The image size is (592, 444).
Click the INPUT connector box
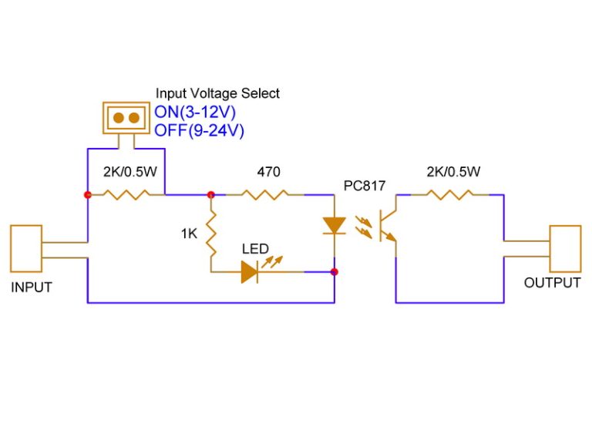click(x=26, y=248)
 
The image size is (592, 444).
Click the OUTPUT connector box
click(x=564, y=248)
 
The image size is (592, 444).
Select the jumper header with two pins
click(x=126, y=117)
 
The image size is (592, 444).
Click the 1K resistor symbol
click(x=210, y=233)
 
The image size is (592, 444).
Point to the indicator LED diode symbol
click(x=250, y=271)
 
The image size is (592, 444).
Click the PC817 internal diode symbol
click(x=334, y=225)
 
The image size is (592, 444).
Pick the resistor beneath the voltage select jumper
click(x=126, y=195)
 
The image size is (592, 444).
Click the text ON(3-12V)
click(x=195, y=113)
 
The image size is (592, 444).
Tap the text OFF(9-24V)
click(x=199, y=131)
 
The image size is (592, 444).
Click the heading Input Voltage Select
click(x=217, y=93)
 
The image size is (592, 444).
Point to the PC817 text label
click(x=364, y=186)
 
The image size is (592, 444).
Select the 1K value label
click(x=190, y=233)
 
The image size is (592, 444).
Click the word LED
click(x=255, y=249)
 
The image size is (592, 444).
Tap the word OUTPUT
click(x=552, y=283)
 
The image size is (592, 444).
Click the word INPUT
click(x=32, y=288)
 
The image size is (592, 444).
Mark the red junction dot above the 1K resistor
click(x=210, y=195)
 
